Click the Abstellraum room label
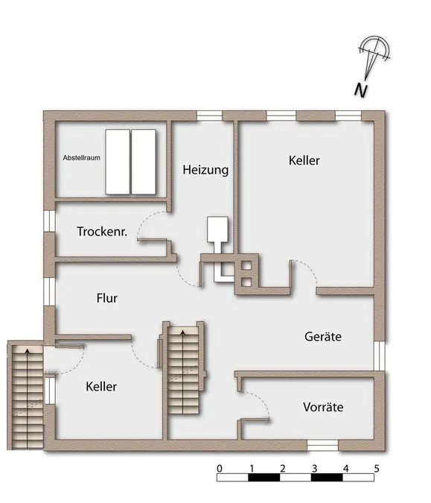coord(81,158)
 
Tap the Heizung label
coord(205,170)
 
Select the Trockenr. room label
coord(102,231)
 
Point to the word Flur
coord(107,298)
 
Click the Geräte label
coord(323,337)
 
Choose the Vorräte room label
coord(323,407)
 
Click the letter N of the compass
coord(361,90)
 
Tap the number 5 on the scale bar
coord(377,469)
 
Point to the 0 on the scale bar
coord(220,469)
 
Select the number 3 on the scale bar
coord(314,469)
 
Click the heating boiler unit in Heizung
coord(217,230)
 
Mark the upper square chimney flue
coord(246,265)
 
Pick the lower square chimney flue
coord(246,282)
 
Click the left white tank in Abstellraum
coord(118,162)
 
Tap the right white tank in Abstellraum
coord(144,162)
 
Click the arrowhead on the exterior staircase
coord(28,351)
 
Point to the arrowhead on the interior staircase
coord(183,332)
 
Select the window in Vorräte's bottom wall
coord(322,446)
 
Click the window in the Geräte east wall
coord(380,355)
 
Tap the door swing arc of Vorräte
coord(260,399)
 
